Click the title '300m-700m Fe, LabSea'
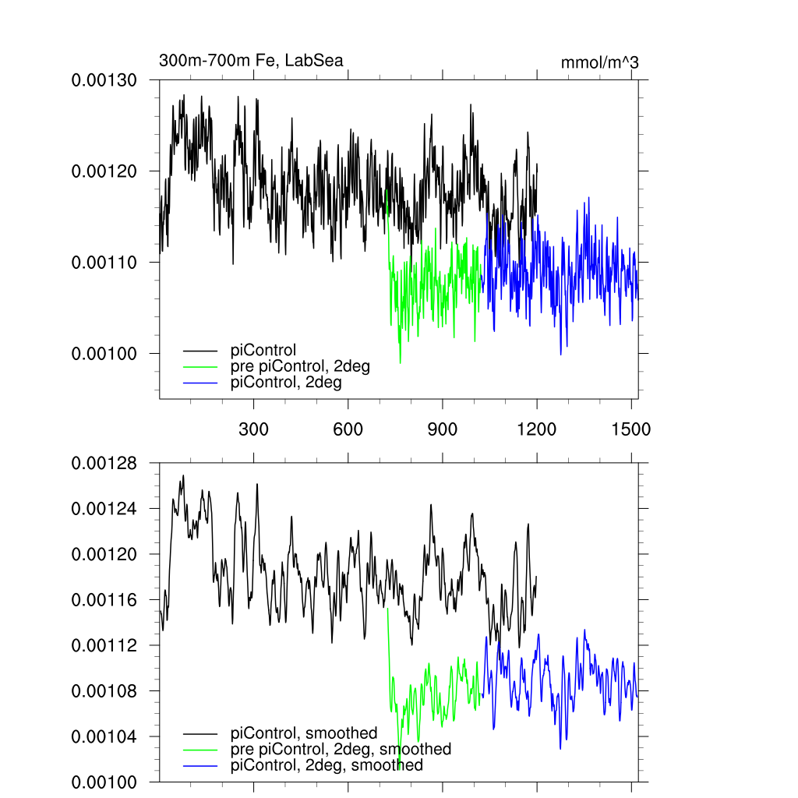[x=251, y=61]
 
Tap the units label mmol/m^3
[x=599, y=62]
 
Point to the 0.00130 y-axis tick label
[x=104, y=80]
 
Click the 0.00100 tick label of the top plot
[x=104, y=354]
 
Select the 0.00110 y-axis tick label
[x=104, y=263]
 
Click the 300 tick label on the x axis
[x=254, y=429]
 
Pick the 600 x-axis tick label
[x=348, y=429]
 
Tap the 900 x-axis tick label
[x=443, y=429]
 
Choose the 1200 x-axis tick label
[x=537, y=429]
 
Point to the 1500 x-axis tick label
[x=631, y=429]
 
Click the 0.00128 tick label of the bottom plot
[x=104, y=464]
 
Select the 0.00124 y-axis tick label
[x=104, y=509]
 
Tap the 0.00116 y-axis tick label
[x=104, y=600]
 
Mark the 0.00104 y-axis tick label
[x=104, y=737]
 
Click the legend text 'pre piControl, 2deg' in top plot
[x=300, y=366]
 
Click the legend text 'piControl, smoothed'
[x=304, y=733]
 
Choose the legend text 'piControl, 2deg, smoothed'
[x=327, y=765]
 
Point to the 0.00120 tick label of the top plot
[x=104, y=171]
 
